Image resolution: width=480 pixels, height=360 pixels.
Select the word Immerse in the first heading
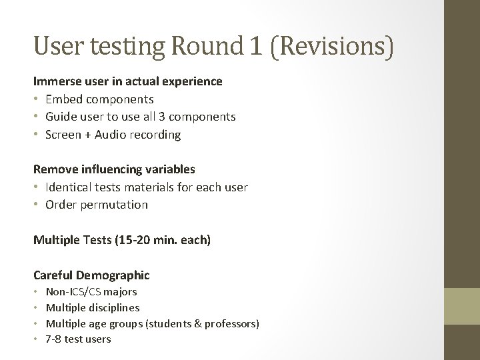pyautogui.click(x=55, y=81)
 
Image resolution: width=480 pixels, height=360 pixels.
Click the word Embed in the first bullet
pyautogui.click(x=62, y=99)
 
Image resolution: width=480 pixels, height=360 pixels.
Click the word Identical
pyautogui.click(x=69, y=187)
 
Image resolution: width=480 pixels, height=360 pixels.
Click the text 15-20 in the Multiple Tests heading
pyautogui.click(x=139, y=239)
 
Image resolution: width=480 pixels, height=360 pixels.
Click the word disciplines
pyautogui.click(x=115, y=308)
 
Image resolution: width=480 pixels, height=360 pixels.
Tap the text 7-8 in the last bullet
pyautogui.click(x=53, y=339)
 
